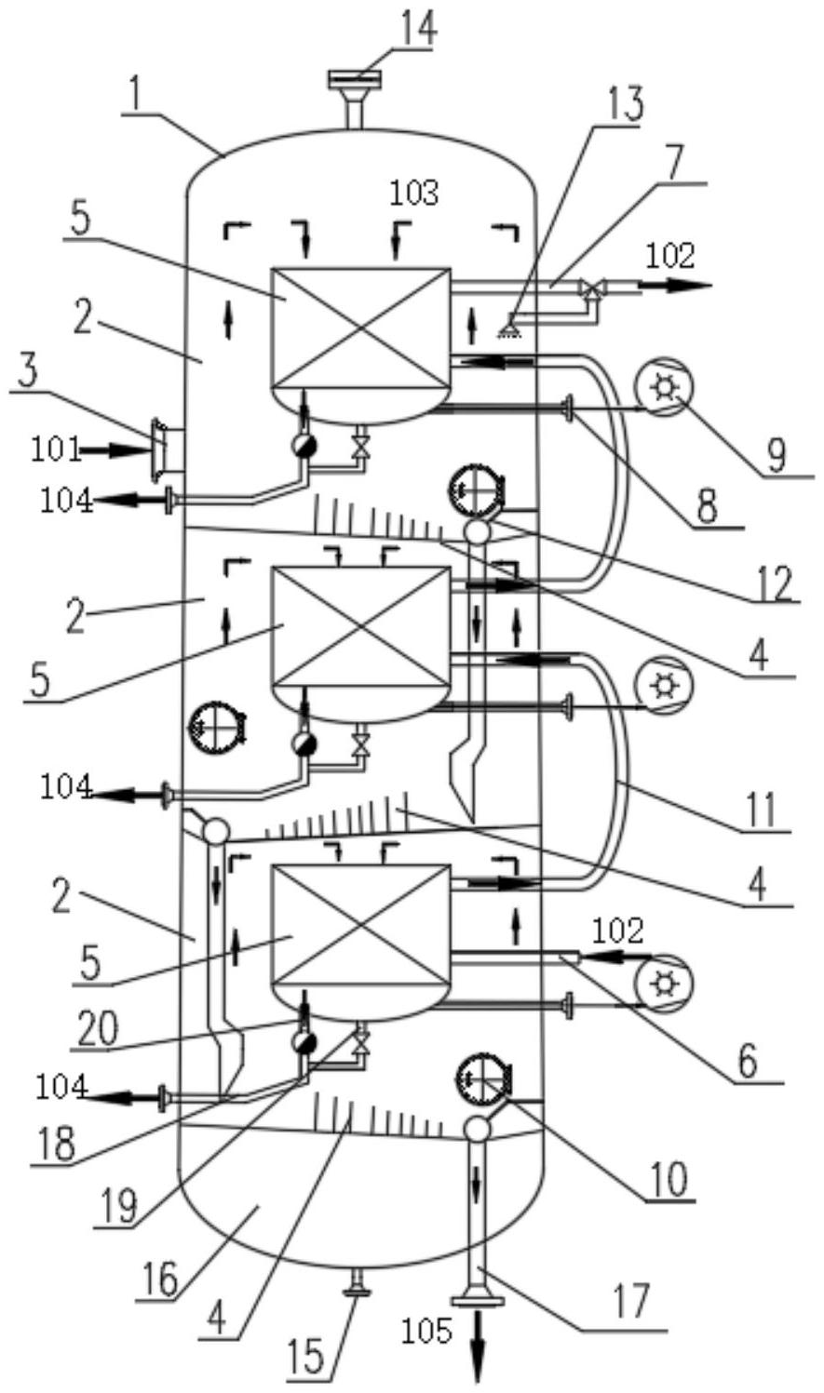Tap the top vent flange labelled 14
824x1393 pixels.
click(355, 80)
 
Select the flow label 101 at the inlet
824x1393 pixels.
click(56, 449)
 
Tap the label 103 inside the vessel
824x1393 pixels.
click(414, 194)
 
